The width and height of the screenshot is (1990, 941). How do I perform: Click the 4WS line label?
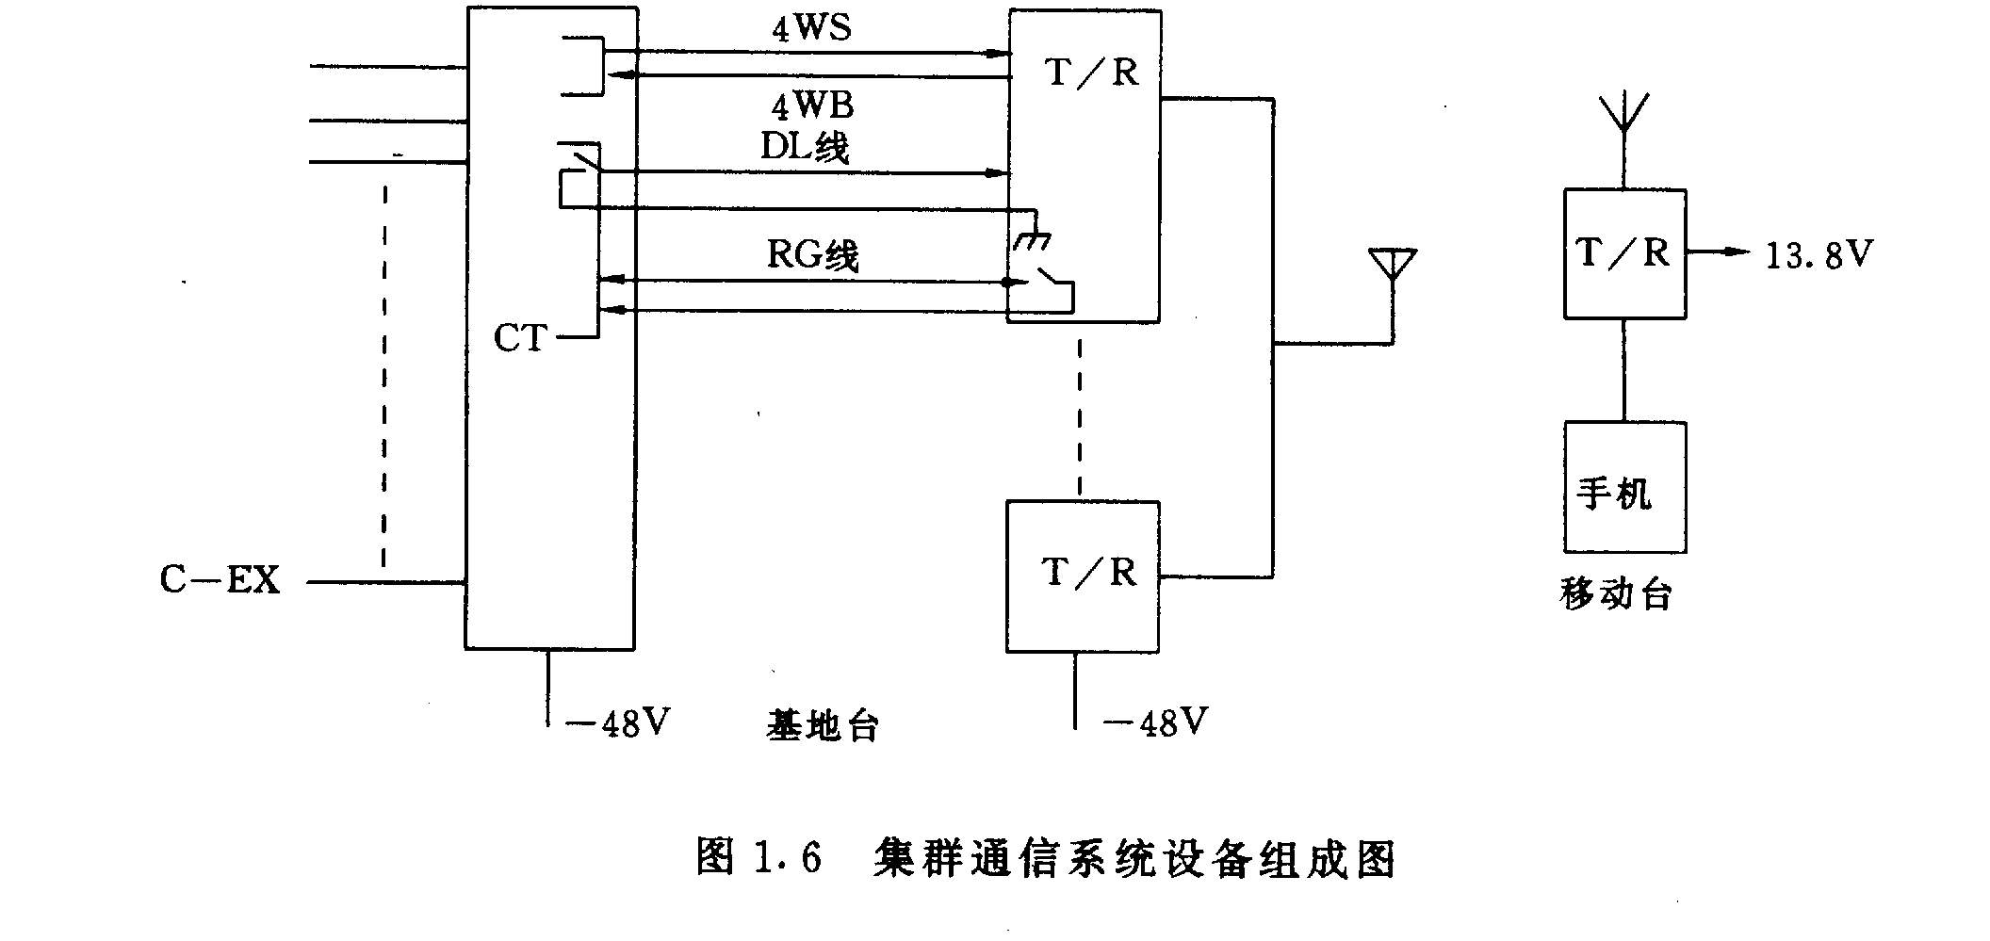tap(811, 27)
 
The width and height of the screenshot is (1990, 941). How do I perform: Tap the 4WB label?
tap(812, 105)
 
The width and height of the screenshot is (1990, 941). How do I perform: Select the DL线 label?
tap(805, 147)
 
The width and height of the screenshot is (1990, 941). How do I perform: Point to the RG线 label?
tap(812, 254)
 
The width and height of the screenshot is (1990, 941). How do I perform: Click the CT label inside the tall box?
tap(519, 338)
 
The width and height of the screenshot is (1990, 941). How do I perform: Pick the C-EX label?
tap(220, 579)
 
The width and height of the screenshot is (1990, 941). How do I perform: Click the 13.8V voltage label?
tap(1819, 254)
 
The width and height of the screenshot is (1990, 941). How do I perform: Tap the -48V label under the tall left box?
tap(618, 723)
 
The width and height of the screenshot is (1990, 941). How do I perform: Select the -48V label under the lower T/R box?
tap(1155, 722)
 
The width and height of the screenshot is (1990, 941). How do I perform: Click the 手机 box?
tap(1624, 487)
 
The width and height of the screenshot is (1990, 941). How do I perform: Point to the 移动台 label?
tap(1616, 593)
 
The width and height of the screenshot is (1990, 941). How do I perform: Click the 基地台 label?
tap(823, 725)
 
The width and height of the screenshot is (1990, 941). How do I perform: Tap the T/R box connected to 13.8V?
tap(1624, 253)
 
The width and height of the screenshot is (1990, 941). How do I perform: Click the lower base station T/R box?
tap(1083, 576)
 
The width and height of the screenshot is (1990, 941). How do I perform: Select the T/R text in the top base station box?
tap(1092, 72)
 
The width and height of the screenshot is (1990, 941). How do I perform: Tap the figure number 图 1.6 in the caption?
tap(758, 857)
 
